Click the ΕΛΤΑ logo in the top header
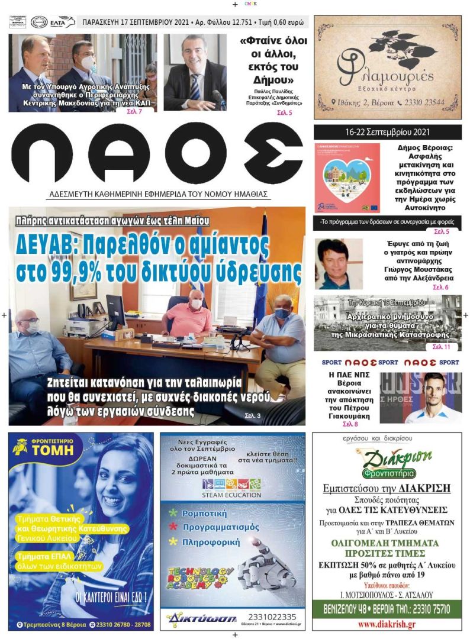pyautogui.click(x=63, y=22)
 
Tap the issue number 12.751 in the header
pyautogui.click(x=236, y=23)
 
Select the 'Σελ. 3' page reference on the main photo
pyautogui.click(x=254, y=417)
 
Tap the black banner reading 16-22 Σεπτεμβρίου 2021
pyautogui.click(x=388, y=131)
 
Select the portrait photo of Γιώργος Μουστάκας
pyautogui.click(x=338, y=264)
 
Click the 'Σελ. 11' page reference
pyautogui.click(x=441, y=347)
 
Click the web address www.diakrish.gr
pyautogui.click(x=386, y=624)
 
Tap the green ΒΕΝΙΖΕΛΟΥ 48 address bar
pyautogui.click(x=387, y=609)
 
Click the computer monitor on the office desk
pyautogui.click(x=115, y=311)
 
